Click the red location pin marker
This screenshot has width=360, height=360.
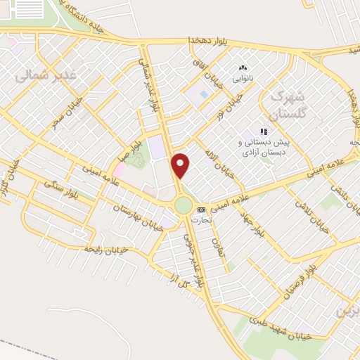[x=181, y=165]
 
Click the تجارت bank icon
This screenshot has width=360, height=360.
[x=202, y=210]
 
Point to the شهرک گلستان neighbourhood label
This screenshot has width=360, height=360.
[x=288, y=105]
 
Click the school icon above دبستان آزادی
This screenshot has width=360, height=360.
[x=264, y=131]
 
